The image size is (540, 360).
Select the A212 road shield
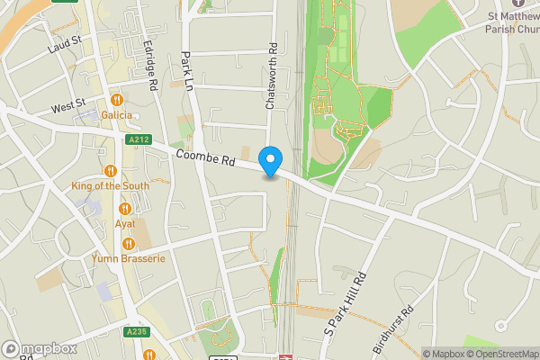pos(139,139)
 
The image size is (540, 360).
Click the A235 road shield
pos(136,332)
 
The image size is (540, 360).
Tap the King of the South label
pos(111,185)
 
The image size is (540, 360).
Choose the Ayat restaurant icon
pos(125,209)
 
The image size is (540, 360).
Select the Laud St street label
pos(66,40)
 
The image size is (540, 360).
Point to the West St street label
pos(67,108)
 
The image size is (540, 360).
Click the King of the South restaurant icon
pos(111,170)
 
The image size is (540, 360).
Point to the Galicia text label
pos(117,114)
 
